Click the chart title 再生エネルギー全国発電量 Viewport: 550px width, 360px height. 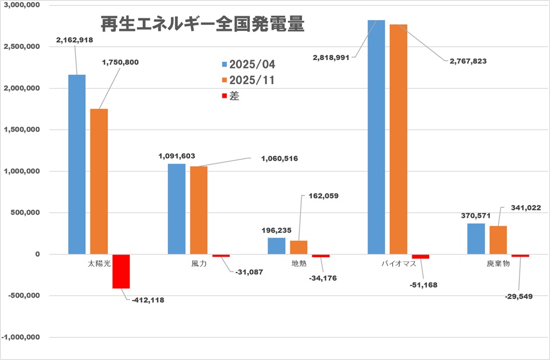[203, 24]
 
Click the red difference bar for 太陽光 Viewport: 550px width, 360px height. [121, 271]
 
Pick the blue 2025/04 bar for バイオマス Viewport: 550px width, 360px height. [376, 137]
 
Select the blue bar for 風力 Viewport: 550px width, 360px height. [176, 209]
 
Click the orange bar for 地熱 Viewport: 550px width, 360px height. [298, 247]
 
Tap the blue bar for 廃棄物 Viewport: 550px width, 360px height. [476, 239]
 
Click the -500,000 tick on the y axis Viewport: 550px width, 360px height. [21, 296]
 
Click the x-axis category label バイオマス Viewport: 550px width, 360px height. [398, 263]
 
